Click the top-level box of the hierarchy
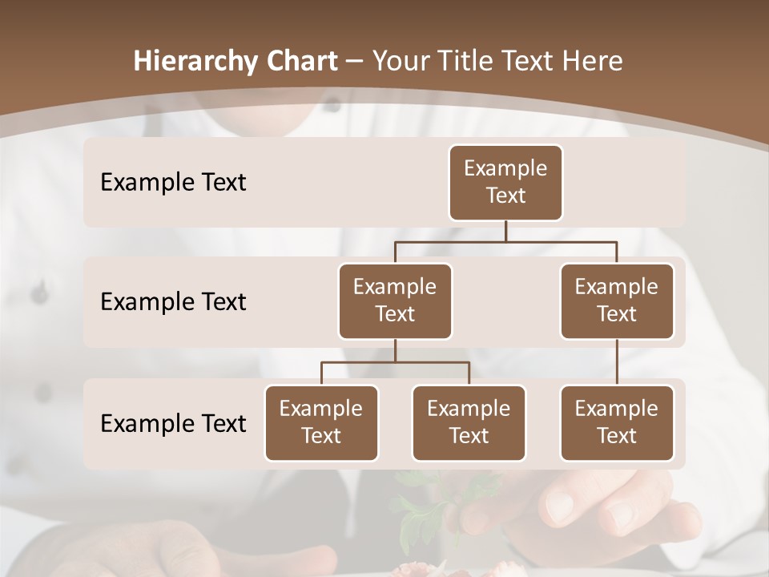click(505, 182)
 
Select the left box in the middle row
click(395, 301)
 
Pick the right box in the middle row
click(617, 301)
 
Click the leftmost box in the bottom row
click(321, 422)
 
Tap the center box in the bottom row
click(469, 422)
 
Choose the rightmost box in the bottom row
click(617, 422)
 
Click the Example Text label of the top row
click(173, 182)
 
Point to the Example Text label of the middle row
click(173, 301)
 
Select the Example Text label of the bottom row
click(173, 423)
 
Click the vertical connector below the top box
click(505, 231)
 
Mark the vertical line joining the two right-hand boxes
click(617, 362)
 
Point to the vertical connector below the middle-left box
click(395, 350)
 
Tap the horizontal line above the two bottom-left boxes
click(395, 362)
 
